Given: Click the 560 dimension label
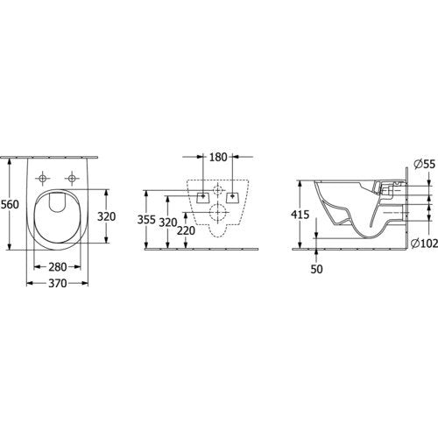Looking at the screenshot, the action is click(11, 204).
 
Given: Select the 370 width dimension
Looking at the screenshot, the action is click(58, 283).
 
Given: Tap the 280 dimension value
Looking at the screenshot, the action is click(58, 266).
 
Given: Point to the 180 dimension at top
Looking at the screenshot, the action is click(218, 157).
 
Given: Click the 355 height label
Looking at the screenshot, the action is click(146, 220).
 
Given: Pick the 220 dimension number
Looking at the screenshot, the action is click(186, 231).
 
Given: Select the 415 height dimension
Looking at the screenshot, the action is click(300, 215).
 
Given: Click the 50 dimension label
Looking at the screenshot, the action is click(316, 269).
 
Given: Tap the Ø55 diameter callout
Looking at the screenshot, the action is click(425, 165).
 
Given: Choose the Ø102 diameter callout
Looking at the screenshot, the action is click(425, 243).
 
